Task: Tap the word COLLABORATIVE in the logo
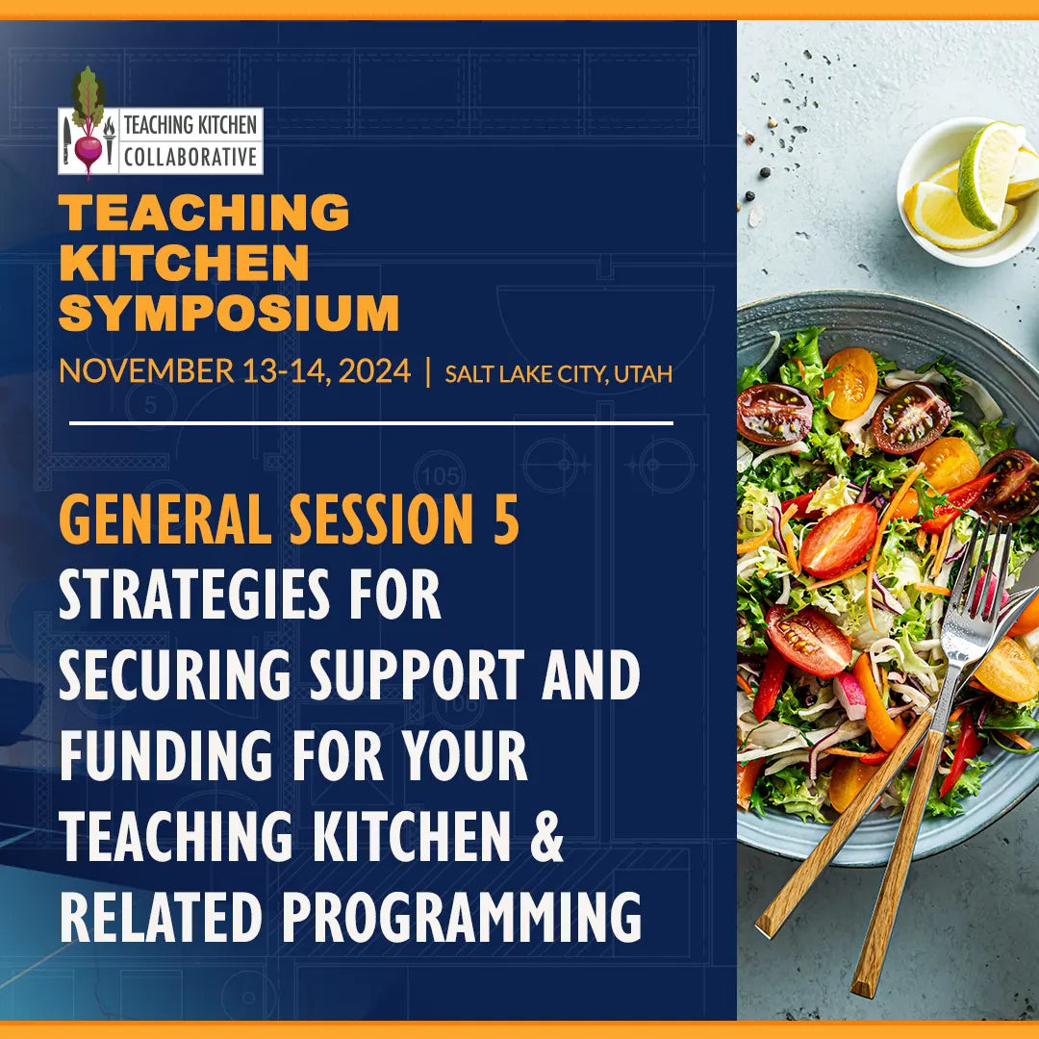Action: [x=190, y=157]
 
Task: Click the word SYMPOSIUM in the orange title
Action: [x=229, y=314]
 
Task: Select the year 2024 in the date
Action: [x=369, y=370]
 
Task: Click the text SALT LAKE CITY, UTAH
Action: [x=558, y=373]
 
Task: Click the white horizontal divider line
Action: [x=370, y=422]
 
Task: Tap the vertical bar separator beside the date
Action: [x=428, y=371]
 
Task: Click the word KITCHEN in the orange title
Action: [x=184, y=263]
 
